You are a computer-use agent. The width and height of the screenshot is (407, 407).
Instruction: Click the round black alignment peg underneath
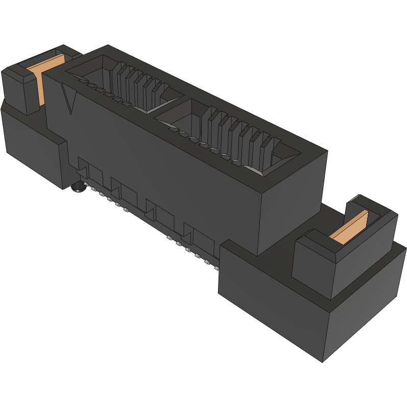[x=78, y=187]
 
